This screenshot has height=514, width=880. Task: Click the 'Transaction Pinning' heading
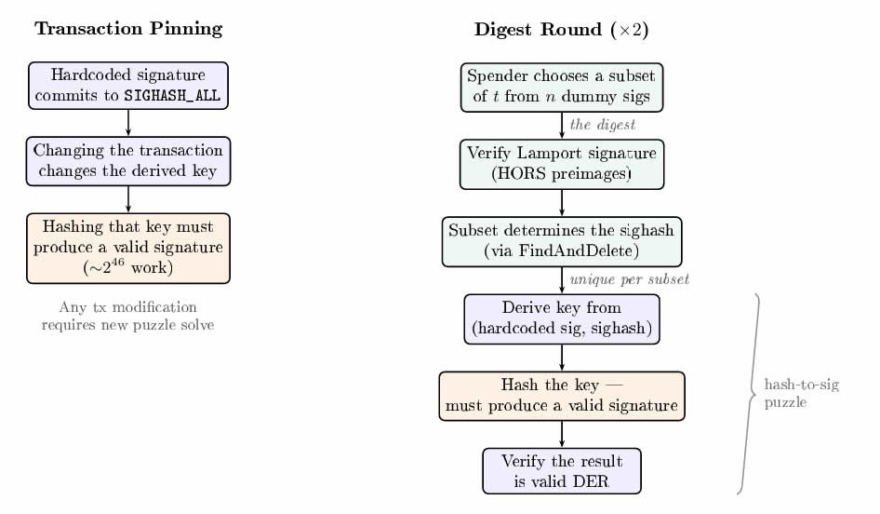point(128,29)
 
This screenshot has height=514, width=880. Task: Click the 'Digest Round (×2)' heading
point(561,29)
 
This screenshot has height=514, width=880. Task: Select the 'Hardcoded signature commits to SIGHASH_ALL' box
point(128,86)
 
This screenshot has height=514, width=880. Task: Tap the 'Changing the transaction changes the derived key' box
point(128,160)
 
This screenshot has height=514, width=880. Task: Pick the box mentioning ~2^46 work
point(128,248)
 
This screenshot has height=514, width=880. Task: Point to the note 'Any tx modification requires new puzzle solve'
point(128,317)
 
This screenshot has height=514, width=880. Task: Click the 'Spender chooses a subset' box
point(562,87)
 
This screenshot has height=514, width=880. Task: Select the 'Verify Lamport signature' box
point(562,164)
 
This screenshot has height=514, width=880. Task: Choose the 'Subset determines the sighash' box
point(562,241)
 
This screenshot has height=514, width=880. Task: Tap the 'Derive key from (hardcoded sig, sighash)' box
point(562,318)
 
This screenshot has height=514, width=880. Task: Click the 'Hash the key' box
point(562,396)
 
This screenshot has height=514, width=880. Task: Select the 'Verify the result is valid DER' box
point(562,471)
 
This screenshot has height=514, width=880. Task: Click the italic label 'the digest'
point(602,125)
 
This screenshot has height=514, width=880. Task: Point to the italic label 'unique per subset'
point(629,279)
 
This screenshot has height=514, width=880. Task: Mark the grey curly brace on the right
point(750,394)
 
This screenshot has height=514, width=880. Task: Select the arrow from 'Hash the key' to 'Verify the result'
point(562,434)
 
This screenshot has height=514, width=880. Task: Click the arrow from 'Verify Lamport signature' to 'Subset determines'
point(562,203)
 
